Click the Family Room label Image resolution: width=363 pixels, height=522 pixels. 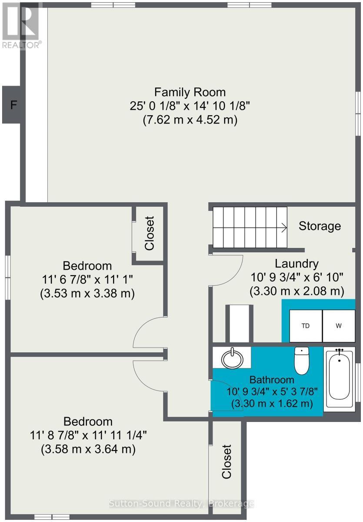pos(190,92)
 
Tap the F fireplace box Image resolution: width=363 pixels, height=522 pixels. pos(11,105)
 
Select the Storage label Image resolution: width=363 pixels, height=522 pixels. pos(320,226)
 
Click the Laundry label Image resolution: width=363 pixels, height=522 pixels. pos(296,264)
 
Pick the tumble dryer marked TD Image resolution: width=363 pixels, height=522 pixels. pos(306,326)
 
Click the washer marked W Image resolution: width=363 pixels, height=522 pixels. pos(339,326)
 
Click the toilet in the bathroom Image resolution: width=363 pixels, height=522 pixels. pos(302,360)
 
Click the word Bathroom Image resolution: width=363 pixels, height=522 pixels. pos(272,380)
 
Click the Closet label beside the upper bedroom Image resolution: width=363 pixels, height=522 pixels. pos(149,233)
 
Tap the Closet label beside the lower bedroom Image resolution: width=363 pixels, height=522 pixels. pos(226,462)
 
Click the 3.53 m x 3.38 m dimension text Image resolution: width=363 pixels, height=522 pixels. pos(87,293)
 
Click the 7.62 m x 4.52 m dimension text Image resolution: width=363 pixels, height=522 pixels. pos(190,120)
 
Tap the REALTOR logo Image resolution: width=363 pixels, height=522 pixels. pos(21,25)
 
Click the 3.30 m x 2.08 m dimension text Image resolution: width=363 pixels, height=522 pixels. pos(297,291)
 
